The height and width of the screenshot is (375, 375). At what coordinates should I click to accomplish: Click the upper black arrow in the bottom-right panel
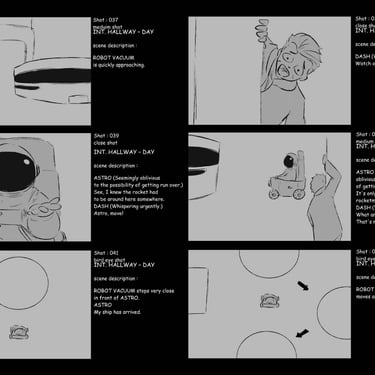(304, 287)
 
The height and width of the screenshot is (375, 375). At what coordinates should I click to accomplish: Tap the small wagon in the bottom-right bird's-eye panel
(269, 298)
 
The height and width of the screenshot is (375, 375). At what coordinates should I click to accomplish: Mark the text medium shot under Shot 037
(110, 26)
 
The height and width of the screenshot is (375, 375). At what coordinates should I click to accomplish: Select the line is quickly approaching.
(119, 65)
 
